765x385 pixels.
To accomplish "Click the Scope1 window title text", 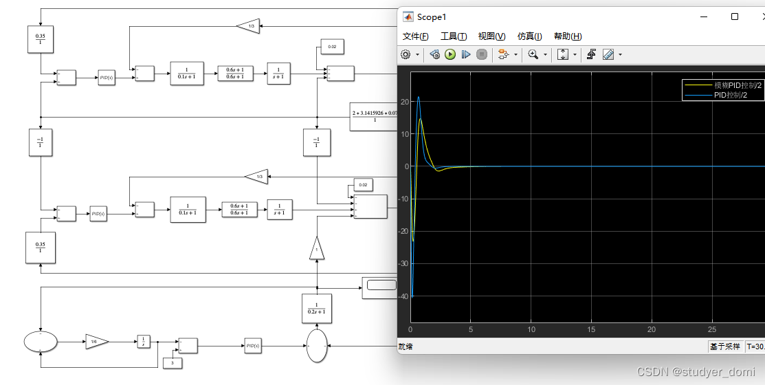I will coord(432,16).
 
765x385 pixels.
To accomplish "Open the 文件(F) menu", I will coord(416,36).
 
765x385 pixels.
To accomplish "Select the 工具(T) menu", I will coord(454,36).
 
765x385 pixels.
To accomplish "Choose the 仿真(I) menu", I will coord(529,36).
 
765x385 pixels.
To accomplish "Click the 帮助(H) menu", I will coord(567,36).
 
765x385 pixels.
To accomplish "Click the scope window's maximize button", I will coord(735,16).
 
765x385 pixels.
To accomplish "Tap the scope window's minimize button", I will coord(702,16).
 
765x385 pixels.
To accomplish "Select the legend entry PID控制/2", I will coord(730,95).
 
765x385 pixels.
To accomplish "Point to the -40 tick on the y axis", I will coord(403,296).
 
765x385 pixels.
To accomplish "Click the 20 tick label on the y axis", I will coord(405,102).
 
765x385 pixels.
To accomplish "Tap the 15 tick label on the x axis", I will coord(591,330).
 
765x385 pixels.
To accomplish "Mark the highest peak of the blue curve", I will coord(419,97).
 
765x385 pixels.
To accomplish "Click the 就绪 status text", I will coord(406,347).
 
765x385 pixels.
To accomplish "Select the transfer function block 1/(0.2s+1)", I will coord(317,309).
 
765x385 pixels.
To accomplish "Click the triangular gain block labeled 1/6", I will coord(95,341).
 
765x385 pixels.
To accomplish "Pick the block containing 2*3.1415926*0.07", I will coord(374,116).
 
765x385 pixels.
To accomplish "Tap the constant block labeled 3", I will coord(171,362).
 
